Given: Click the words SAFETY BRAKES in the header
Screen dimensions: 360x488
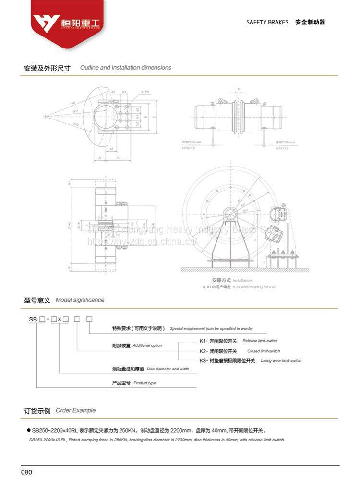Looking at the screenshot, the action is [x=267, y=22].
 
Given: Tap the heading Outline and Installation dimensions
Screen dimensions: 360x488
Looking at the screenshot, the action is [x=126, y=68].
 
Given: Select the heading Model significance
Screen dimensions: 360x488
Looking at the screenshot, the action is [x=80, y=300].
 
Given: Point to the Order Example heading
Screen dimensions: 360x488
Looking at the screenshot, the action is [x=75, y=410].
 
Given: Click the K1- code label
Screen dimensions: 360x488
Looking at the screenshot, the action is [x=204, y=341].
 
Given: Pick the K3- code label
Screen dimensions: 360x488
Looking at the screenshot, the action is [x=204, y=360].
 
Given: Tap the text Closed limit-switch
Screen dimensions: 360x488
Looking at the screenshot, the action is [x=263, y=351].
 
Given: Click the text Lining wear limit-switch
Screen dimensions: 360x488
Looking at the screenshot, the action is [x=281, y=361].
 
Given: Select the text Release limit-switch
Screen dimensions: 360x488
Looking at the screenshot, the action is [x=260, y=341].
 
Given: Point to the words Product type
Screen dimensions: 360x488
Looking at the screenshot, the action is [x=144, y=383].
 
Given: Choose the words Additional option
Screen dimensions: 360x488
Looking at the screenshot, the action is [x=147, y=346].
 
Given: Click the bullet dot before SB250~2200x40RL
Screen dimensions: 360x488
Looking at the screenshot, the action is [x=29, y=431].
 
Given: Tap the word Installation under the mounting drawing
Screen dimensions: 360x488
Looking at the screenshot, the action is [x=242, y=280].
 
